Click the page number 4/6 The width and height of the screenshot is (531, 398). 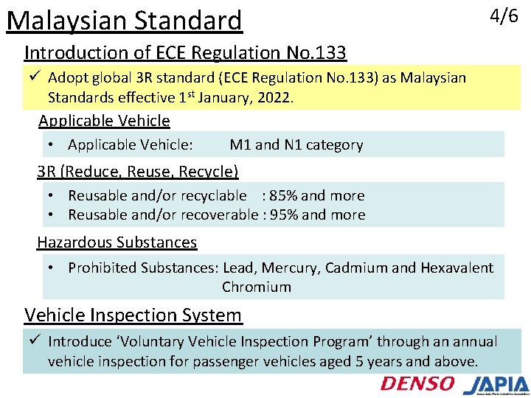tap(504, 16)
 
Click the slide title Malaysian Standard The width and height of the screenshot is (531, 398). tap(124, 21)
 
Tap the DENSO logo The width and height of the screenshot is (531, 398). tap(417, 383)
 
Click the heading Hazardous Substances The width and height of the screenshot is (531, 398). tap(117, 242)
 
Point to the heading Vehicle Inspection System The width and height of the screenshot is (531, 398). tap(133, 315)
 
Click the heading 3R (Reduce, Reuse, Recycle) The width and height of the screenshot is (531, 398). tap(138, 172)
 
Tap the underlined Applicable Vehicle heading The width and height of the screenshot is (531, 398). tap(104, 121)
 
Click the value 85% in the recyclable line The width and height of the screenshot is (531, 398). tap(285, 195)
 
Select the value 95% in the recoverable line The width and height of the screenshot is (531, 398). tap(285, 214)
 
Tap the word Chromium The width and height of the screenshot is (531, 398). tap(256, 287)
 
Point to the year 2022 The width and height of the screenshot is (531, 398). tap(275, 97)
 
